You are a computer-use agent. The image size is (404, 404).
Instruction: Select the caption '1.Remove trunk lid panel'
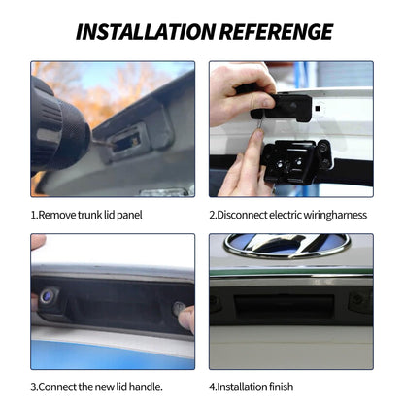(x=86, y=215)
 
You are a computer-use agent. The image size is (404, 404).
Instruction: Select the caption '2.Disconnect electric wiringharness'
(x=288, y=215)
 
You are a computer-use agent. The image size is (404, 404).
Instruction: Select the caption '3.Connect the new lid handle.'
(x=96, y=387)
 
